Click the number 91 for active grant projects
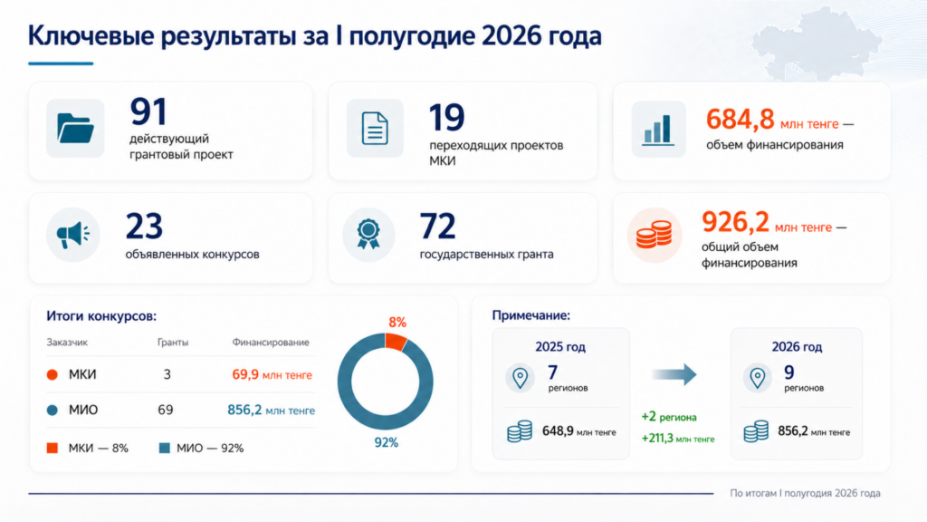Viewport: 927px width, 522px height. (x=148, y=111)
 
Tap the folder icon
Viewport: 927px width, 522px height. (x=75, y=129)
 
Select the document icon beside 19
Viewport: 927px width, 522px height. (x=375, y=129)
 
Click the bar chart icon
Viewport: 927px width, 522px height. (x=658, y=130)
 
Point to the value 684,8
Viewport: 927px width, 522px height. (x=740, y=119)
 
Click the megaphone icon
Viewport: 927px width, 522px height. (x=73, y=236)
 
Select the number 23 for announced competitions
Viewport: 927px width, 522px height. (x=144, y=226)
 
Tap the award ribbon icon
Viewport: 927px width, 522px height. (x=368, y=235)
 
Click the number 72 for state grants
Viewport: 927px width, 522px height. (x=437, y=226)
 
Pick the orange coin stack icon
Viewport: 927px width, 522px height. (x=654, y=235)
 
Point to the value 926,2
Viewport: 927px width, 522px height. (x=735, y=223)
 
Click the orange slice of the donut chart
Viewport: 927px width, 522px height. (x=397, y=341)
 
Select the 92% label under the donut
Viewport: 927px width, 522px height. (x=386, y=442)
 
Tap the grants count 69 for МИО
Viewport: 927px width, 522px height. (x=165, y=410)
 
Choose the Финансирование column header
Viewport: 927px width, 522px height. (x=270, y=342)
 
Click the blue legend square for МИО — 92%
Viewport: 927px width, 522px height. (x=165, y=448)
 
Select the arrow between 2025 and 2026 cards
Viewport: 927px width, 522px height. (x=674, y=374)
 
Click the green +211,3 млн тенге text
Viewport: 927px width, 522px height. (x=678, y=439)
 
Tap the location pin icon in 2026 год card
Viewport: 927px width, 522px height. (x=758, y=378)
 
